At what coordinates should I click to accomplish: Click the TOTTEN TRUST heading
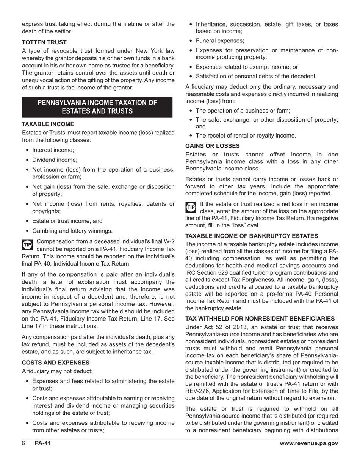tap(44, 42)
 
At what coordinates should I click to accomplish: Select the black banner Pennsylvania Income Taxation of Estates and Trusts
tap(97, 107)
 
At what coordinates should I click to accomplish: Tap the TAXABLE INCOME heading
tap(48, 124)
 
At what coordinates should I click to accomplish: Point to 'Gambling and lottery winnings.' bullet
tap(72, 231)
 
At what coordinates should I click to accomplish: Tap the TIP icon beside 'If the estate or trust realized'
tap(191, 207)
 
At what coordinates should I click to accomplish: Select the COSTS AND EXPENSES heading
tap(55, 362)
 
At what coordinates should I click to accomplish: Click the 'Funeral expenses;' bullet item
tap(220, 41)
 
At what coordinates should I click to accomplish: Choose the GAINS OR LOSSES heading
tap(212, 145)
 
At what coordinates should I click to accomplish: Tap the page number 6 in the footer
tap(23, 444)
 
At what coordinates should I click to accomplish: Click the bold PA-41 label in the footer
tap(42, 444)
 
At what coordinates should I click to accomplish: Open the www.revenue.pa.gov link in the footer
tap(308, 444)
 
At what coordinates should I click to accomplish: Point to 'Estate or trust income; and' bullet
tap(67, 221)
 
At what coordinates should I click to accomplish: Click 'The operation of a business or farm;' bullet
tap(243, 111)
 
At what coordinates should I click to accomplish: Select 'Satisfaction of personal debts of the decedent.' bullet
tap(256, 76)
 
